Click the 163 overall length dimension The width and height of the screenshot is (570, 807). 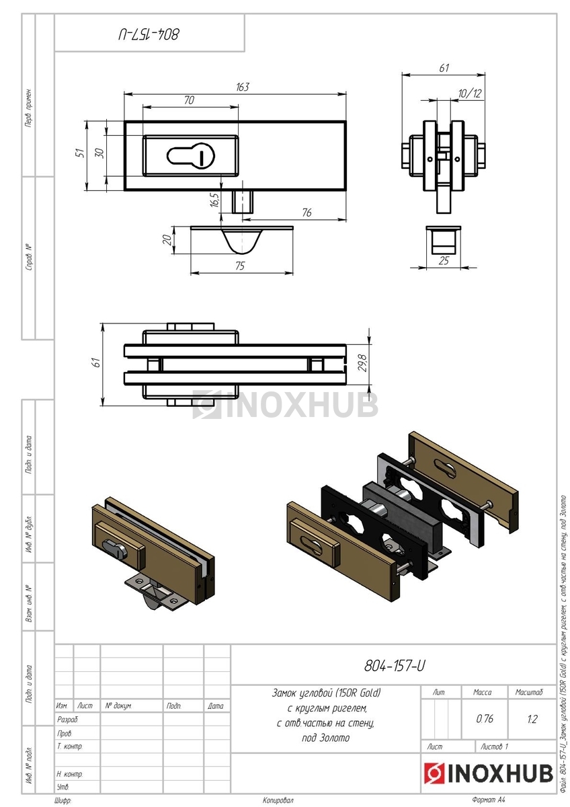pos(243,87)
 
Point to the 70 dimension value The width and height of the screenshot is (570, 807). pos(189,100)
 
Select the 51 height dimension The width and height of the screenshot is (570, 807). pos(81,153)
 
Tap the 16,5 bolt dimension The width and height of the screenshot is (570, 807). pos(214,200)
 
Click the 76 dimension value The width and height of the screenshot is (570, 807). pos(307,213)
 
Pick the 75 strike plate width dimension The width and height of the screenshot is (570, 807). pos(240,266)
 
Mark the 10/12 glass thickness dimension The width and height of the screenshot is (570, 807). pos(470,93)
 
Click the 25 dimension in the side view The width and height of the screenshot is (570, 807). pos(444,260)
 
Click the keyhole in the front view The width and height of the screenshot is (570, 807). pos(190,156)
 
